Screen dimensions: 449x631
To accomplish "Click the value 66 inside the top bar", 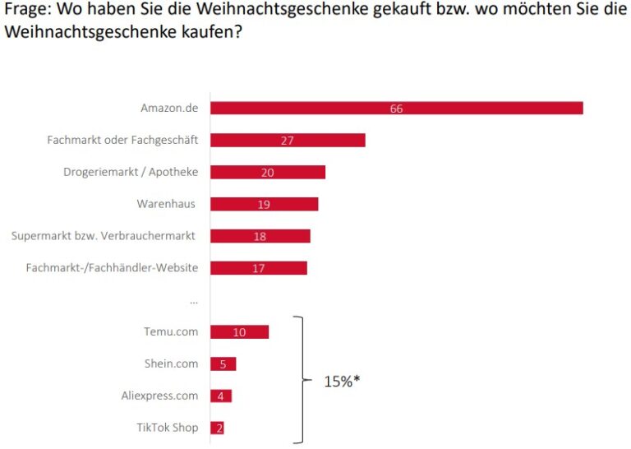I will (397, 109).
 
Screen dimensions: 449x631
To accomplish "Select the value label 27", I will (287, 141).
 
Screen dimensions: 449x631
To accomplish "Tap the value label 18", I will (260, 236).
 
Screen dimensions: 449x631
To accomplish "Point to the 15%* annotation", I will (342, 382).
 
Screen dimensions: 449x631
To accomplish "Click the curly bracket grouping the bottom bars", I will (301, 380).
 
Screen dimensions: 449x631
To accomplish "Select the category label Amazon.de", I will (169, 109).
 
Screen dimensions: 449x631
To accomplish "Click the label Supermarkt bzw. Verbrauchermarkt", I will (104, 236).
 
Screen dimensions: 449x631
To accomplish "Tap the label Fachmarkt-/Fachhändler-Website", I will (112, 267).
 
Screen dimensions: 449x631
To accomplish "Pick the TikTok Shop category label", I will (168, 428).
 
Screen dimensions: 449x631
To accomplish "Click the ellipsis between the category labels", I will (194, 301).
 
